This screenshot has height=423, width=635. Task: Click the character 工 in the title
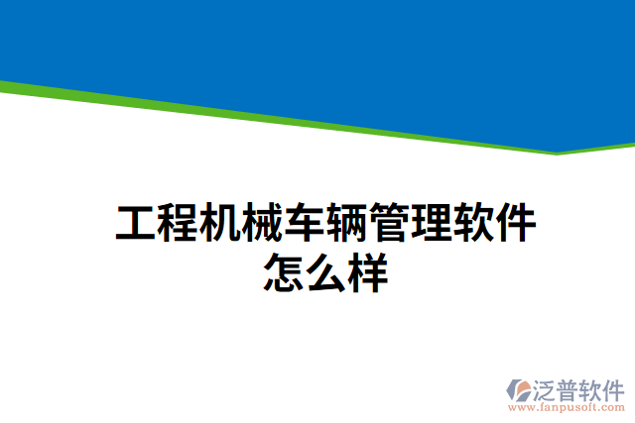(136, 224)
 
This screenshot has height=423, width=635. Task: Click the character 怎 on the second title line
(284, 271)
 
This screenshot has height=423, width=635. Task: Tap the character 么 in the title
(325, 271)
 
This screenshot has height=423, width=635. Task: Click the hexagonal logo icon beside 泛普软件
(520, 389)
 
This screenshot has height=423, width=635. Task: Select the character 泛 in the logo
(548, 386)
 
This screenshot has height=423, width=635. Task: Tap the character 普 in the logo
(571, 386)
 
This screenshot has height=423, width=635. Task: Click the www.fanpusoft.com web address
(567, 406)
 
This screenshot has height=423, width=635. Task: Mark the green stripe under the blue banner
(298, 117)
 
